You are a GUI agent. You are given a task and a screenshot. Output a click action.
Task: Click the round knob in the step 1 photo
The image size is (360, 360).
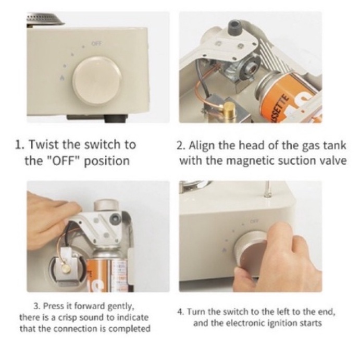click(97, 80)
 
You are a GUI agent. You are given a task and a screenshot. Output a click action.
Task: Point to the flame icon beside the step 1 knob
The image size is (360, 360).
click(62, 78)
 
